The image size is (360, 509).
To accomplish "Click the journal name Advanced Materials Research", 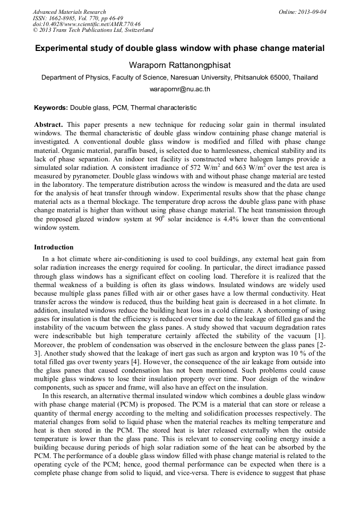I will coord(69,12).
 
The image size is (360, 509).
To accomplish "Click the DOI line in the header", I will coord(87,24).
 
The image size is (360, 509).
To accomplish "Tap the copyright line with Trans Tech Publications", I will coord(93,30).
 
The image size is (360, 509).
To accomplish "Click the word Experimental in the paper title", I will coord(61,48).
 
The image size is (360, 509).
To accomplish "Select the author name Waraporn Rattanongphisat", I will coord(179,64).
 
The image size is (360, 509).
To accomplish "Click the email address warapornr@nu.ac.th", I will coord(179,89).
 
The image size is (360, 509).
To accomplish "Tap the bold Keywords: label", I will coord(51,108).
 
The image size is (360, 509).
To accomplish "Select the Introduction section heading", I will coord(54,247).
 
